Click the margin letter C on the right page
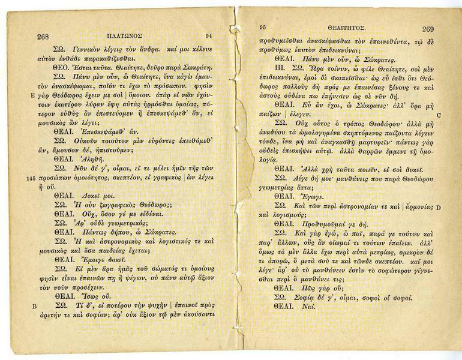(x=439, y=115)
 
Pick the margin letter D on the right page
(x=438, y=208)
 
